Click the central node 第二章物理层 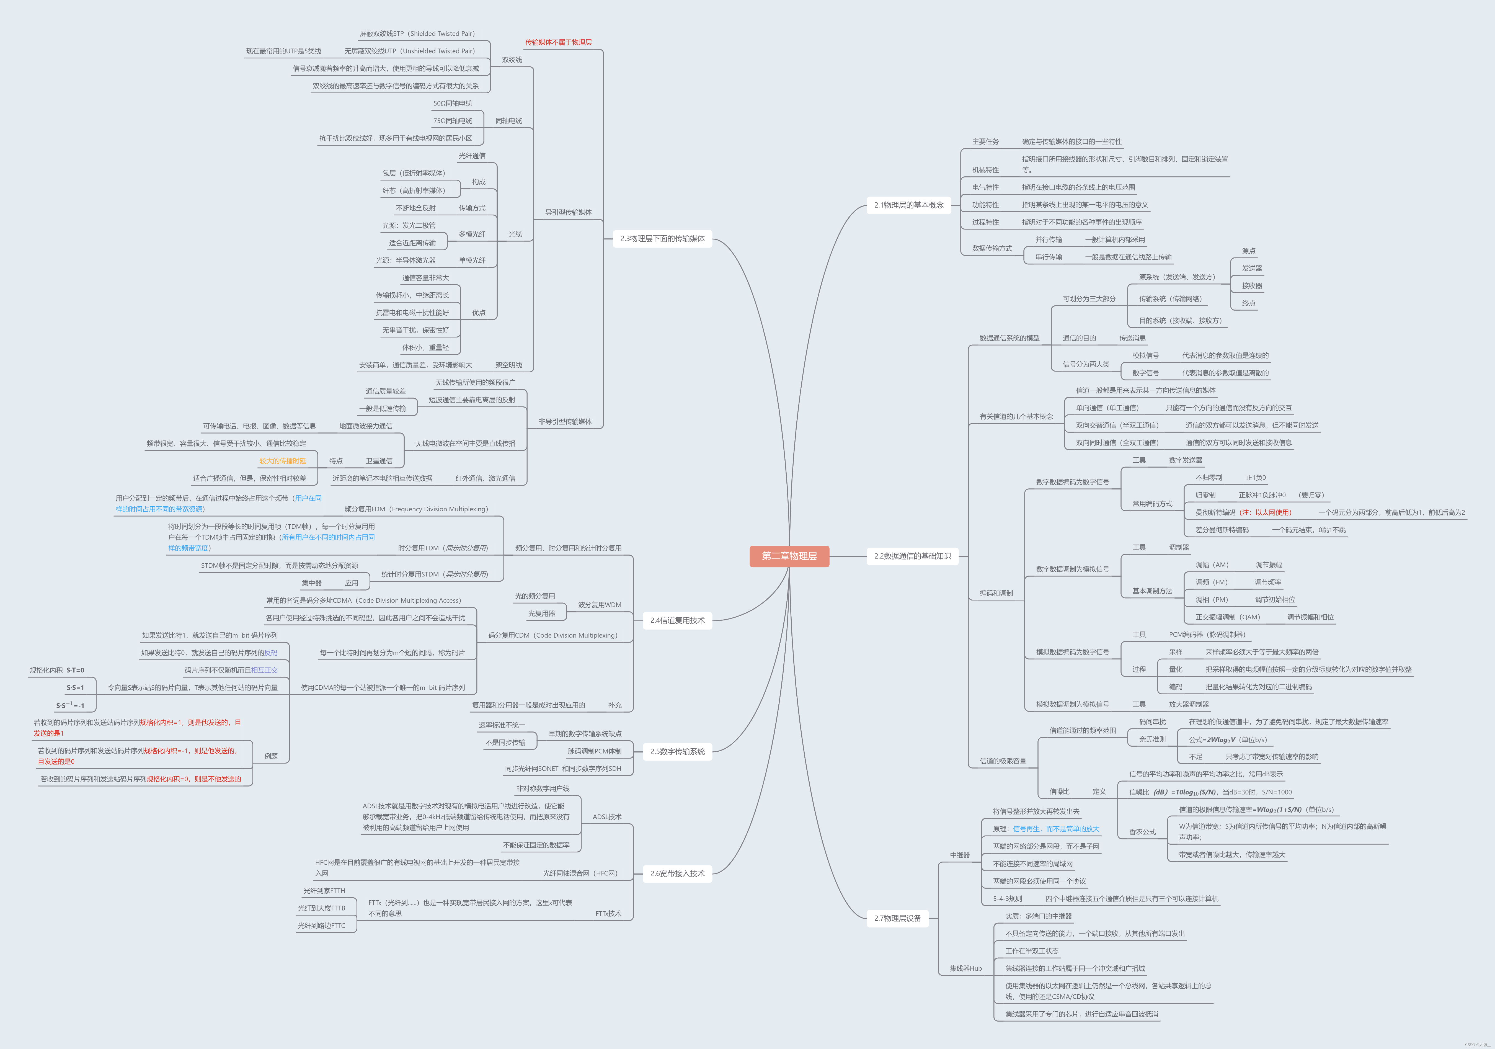click(x=789, y=556)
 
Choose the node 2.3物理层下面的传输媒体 click(x=662, y=239)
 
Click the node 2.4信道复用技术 click(x=677, y=620)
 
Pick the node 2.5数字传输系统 click(x=677, y=751)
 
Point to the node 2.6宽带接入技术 click(x=677, y=874)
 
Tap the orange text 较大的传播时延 click(x=283, y=461)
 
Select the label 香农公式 click(x=1142, y=832)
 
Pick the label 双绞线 click(x=512, y=60)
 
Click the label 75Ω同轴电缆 click(x=453, y=121)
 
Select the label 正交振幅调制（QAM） click(x=1227, y=617)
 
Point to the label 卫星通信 click(x=379, y=461)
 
